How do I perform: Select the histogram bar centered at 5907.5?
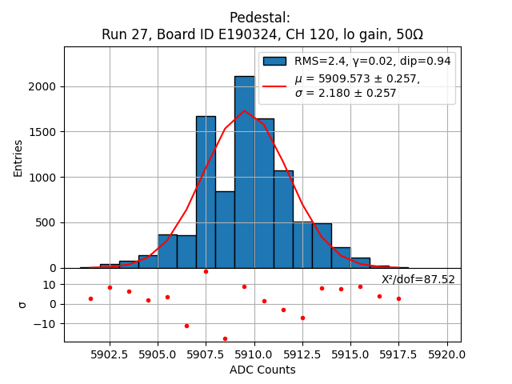coord(206,192)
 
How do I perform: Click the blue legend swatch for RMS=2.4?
coord(275,62)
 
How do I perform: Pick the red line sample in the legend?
coord(275,85)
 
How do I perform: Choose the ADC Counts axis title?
coord(262,370)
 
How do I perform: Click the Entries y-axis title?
coord(18,158)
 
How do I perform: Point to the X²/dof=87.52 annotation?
coord(418,279)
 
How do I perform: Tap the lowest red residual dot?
coord(225,338)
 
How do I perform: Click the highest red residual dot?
coord(206,271)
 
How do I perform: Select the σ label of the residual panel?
coord(22,304)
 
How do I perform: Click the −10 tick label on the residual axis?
coord(47,324)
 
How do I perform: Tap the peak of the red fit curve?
coord(245,110)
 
